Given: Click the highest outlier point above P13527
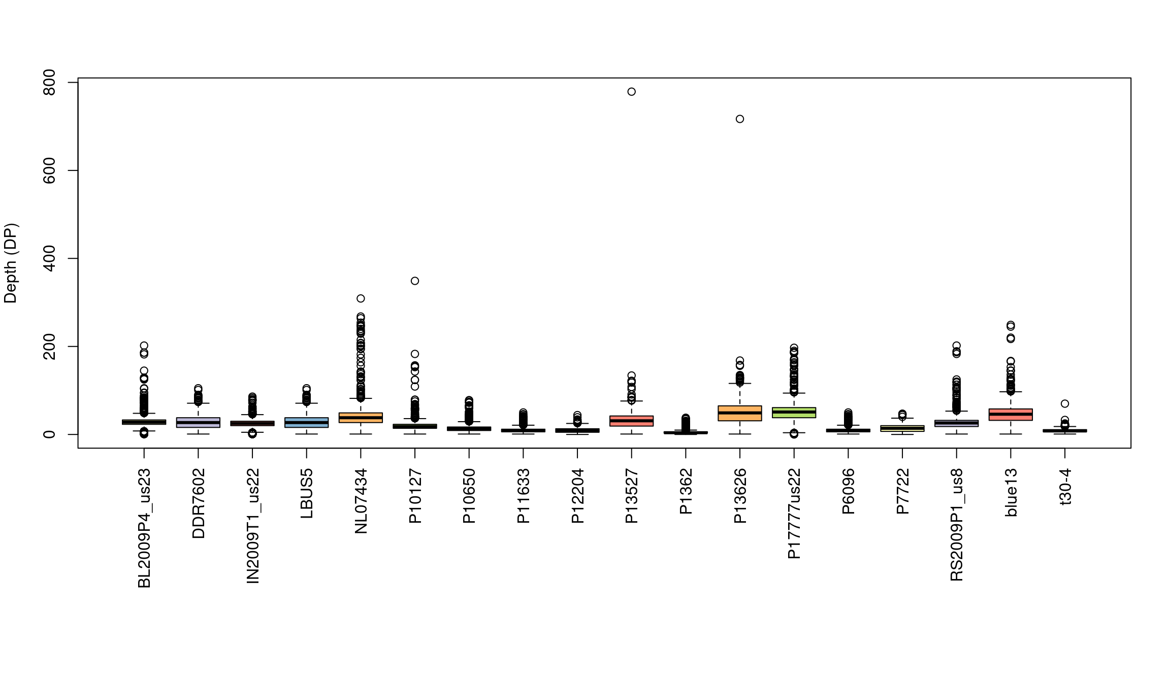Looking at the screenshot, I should (x=631, y=92).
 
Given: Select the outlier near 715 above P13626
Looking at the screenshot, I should (x=740, y=119).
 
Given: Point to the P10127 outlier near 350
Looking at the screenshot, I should (x=415, y=281).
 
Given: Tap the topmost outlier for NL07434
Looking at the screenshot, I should (x=361, y=298).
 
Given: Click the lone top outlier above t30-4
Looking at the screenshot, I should (x=1065, y=403).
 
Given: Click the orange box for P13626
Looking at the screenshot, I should (x=740, y=413).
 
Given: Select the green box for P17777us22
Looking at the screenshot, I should (x=794, y=413).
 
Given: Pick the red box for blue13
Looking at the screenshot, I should (x=1011, y=415).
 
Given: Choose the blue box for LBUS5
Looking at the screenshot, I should (x=306, y=422).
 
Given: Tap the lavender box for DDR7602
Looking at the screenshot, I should (x=198, y=422).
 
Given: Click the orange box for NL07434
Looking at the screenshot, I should (x=361, y=418).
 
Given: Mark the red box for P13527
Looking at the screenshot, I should (x=631, y=421).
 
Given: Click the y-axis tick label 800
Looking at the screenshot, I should (x=49, y=83).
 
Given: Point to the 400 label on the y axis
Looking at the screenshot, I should (x=49, y=258).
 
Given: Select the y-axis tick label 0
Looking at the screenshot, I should (x=49, y=434).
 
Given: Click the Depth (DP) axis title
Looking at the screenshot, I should (x=11, y=263).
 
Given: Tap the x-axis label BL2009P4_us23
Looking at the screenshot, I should (x=144, y=528).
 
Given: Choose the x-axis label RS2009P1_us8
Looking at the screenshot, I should (x=957, y=524).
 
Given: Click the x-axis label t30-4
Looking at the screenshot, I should (x=1065, y=487).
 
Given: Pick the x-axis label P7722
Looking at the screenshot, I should (x=902, y=491).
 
